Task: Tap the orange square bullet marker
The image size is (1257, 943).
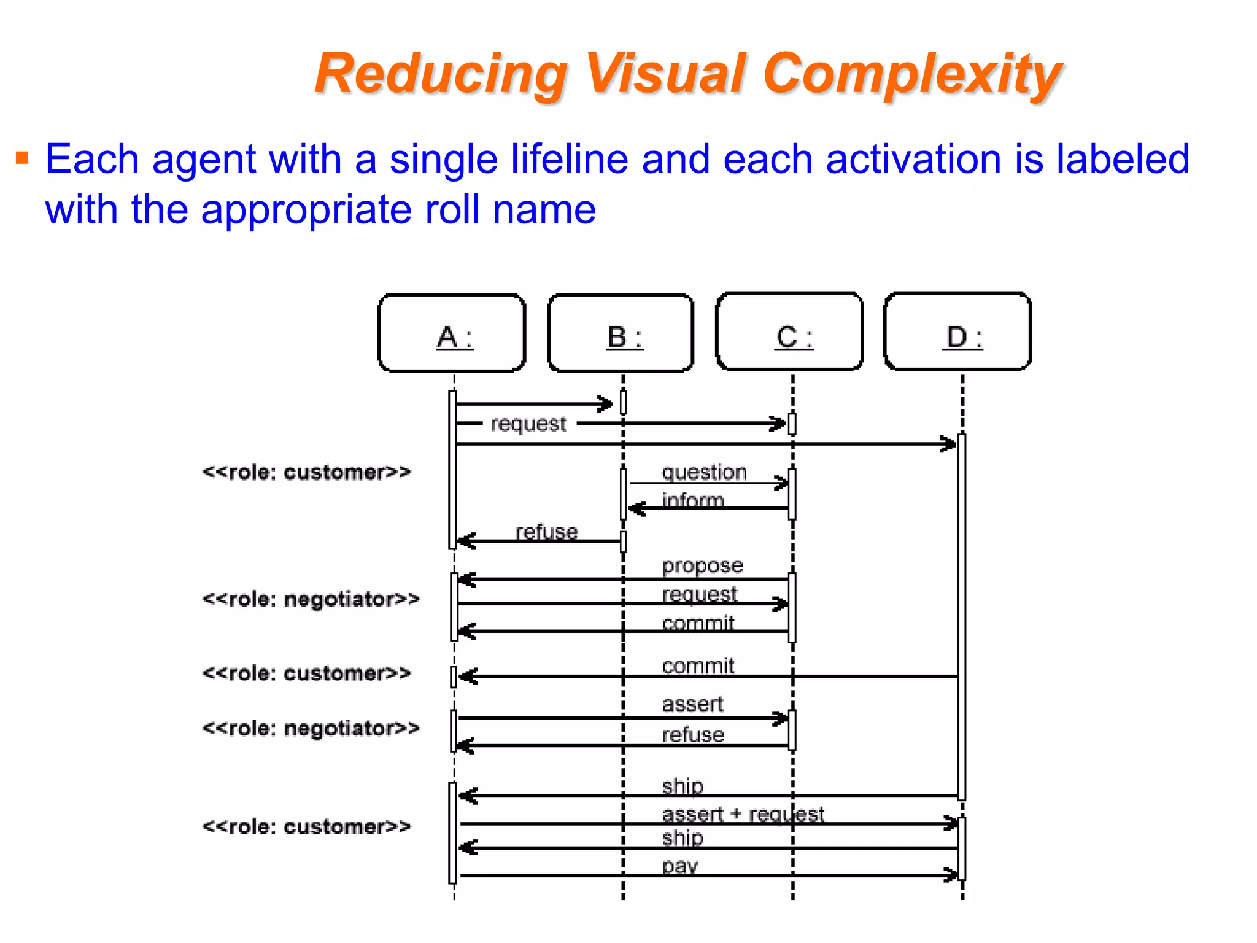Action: (23, 158)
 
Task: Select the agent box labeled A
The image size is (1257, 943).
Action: (452, 333)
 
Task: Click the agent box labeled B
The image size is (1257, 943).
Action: (621, 333)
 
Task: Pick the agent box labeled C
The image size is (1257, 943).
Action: (790, 332)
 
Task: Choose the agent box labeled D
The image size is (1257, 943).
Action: (958, 332)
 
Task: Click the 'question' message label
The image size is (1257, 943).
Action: (704, 472)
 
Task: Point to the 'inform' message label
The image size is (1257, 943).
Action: (692, 500)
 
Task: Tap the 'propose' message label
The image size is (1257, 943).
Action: (702, 565)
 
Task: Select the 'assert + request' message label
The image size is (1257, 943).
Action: (743, 814)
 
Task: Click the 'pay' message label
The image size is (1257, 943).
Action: (679, 866)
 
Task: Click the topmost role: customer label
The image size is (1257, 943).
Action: (306, 472)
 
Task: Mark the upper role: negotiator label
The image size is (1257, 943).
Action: (311, 599)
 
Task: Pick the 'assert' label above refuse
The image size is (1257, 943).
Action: (692, 704)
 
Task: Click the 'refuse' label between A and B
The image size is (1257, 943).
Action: (546, 532)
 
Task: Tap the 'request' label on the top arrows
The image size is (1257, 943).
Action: (528, 424)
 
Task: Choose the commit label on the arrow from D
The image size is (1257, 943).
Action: (698, 666)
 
